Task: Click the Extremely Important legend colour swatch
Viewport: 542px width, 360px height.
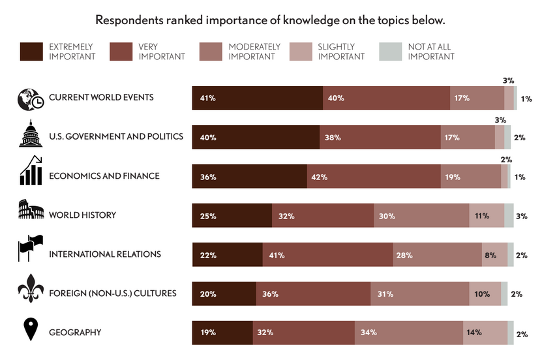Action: pos(31,52)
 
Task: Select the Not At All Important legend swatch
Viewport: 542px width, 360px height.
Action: pos(389,52)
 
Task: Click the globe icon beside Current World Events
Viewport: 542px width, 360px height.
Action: pos(30,98)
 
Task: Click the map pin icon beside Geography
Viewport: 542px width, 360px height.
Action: pos(30,330)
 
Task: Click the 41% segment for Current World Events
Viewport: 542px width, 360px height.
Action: pos(257,98)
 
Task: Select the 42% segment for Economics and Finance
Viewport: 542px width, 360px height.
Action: pos(374,176)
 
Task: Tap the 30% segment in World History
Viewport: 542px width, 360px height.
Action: pos(421,215)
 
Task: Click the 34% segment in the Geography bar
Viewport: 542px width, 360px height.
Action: pos(409,333)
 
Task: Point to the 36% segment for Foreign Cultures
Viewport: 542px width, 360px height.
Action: pos(313,293)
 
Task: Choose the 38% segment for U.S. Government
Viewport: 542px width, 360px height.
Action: pos(380,137)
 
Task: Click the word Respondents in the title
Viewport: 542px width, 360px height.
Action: pos(128,20)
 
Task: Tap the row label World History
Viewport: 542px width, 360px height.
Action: pos(82,215)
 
